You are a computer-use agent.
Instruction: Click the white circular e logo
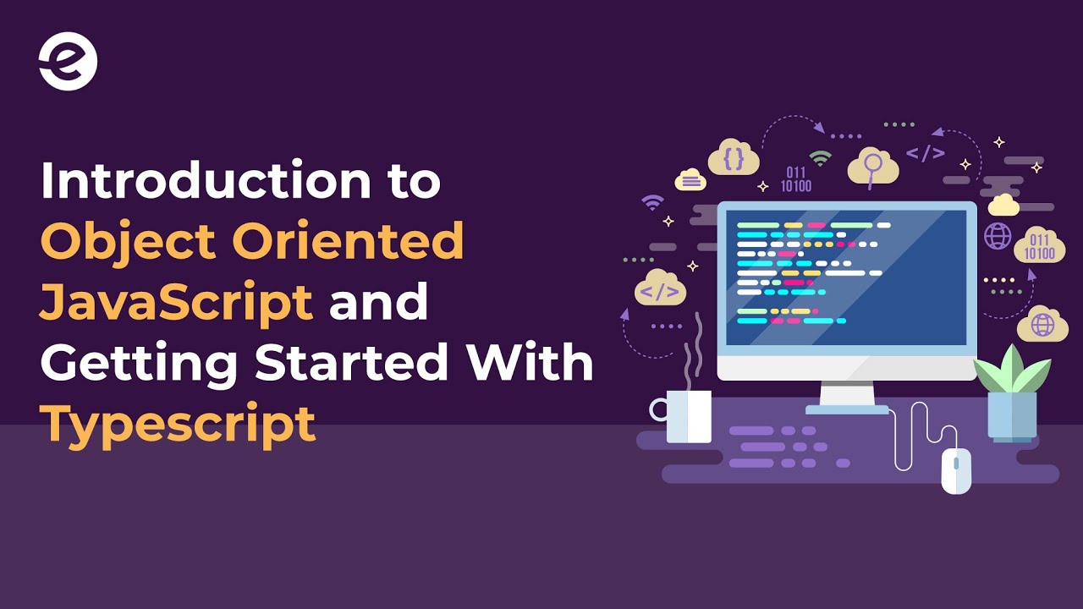[x=68, y=61]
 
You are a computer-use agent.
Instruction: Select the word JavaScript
[x=177, y=302]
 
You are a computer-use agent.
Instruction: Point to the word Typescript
[x=178, y=423]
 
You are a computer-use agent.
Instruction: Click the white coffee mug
[x=687, y=416]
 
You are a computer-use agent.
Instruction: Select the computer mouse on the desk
[x=956, y=470]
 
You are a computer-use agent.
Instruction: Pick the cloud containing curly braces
[x=734, y=157]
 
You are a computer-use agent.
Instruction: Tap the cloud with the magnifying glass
[x=871, y=166]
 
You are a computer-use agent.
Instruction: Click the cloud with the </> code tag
[x=660, y=289]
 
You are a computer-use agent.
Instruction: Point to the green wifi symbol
[x=819, y=157]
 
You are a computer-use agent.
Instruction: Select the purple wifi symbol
[x=652, y=202]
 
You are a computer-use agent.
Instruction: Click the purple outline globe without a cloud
[x=998, y=236]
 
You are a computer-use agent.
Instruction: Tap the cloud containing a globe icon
[x=1042, y=324]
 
